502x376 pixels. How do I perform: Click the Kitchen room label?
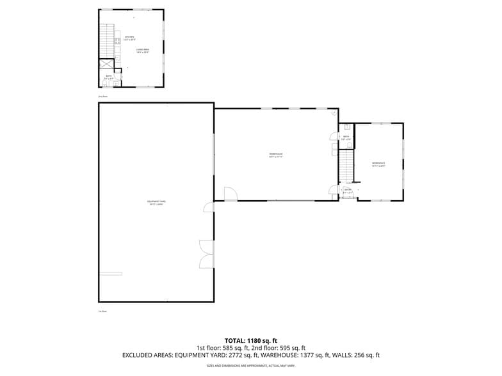tap(129, 38)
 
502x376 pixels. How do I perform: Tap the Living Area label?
tap(142, 51)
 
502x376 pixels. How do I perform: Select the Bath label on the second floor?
tap(109, 77)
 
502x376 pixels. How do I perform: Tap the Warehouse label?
tap(276, 155)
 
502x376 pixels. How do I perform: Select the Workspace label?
tap(378, 164)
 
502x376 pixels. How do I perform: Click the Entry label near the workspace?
tap(348, 191)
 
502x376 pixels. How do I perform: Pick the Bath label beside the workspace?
tap(346, 137)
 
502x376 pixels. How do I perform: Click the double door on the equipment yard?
tap(206, 254)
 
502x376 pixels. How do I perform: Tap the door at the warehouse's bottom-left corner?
tap(229, 194)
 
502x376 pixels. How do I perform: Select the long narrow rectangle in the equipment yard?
tap(110, 273)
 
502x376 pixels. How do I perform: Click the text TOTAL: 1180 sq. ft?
tap(250, 340)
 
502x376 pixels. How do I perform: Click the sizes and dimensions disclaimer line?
tap(250, 366)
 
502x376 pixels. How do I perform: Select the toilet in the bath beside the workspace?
tap(346, 127)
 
